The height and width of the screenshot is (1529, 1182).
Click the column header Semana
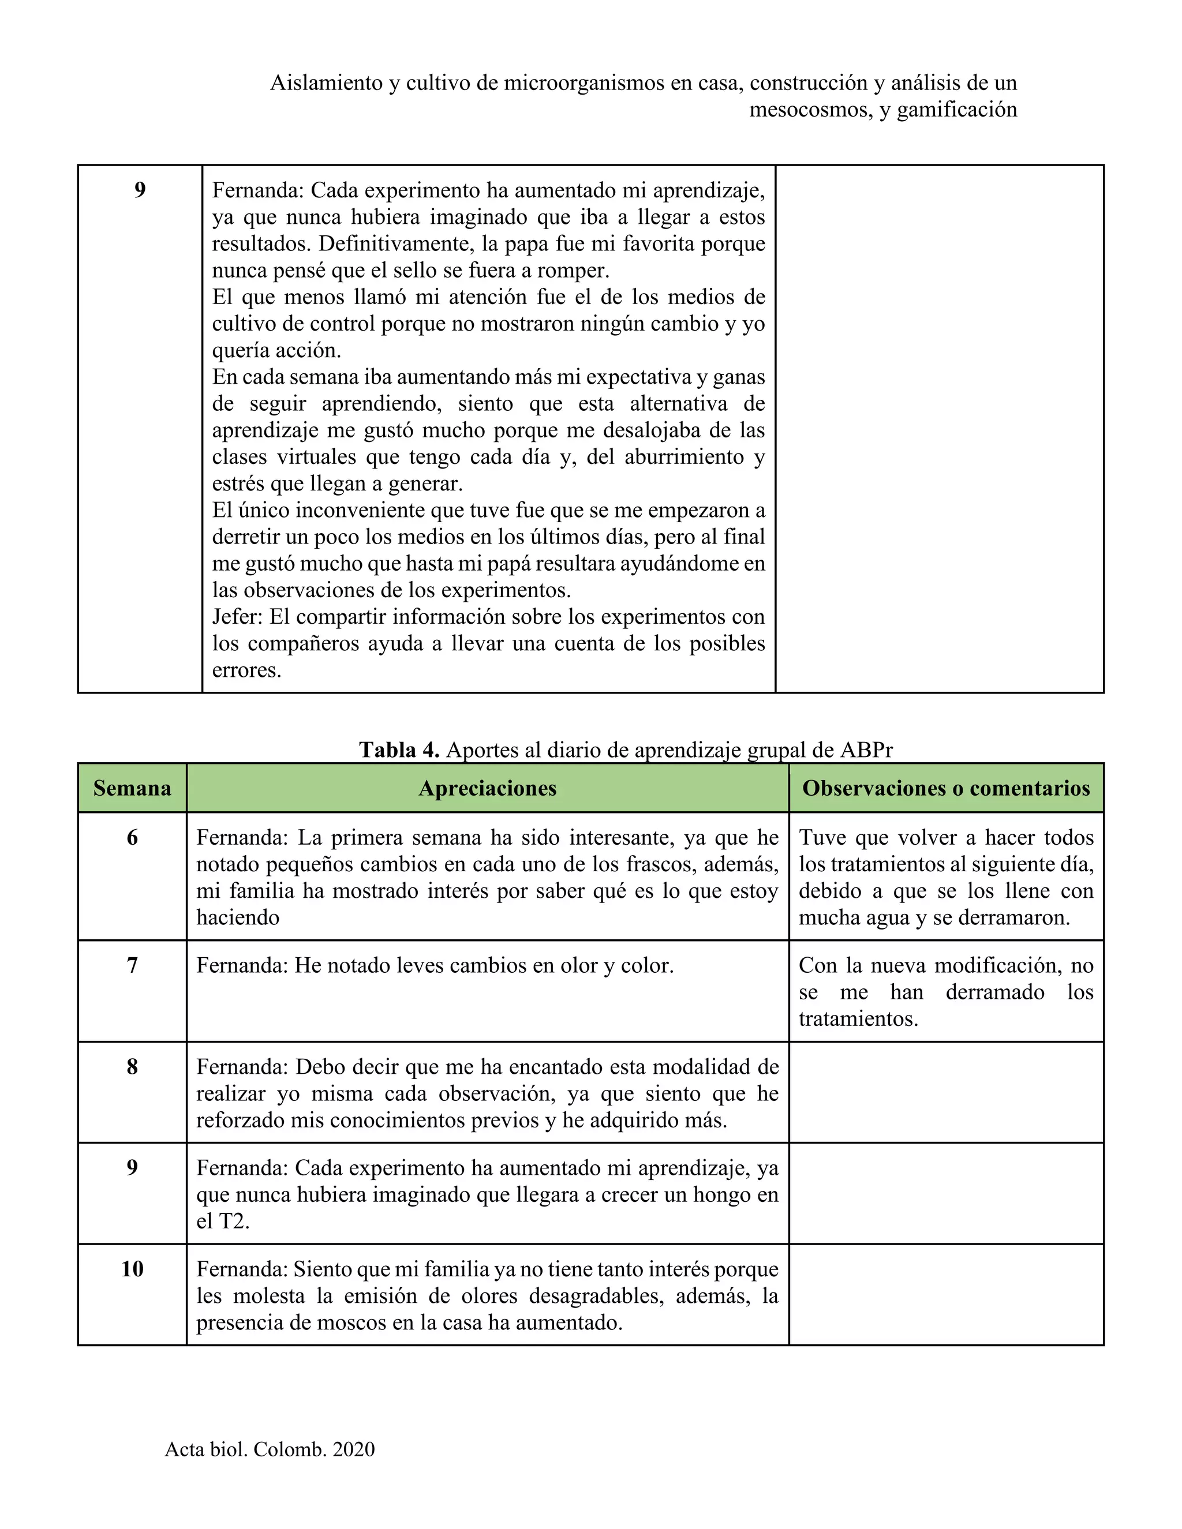pyautogui.click(x=132, y=788)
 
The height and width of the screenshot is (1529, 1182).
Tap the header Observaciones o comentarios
pyautogui.click(x=946, y=788)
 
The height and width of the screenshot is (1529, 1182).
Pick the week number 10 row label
pyautogui.click(x=132, y=1269)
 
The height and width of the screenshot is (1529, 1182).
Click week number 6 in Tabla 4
pyautogui.click(x=132, y=837)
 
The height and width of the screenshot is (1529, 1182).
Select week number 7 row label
pyautogui.click(x=132, y=965)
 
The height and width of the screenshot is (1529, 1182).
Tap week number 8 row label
pyautogui.click(x=132, y=1067)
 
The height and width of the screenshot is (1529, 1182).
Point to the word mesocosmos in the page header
pyautogui.click(x=809, y=110)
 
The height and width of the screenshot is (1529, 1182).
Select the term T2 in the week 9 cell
pyautogui.click(x=233, y=1221)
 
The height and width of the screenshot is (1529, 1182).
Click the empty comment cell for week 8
pyautogui.click(x=946, y=1093)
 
